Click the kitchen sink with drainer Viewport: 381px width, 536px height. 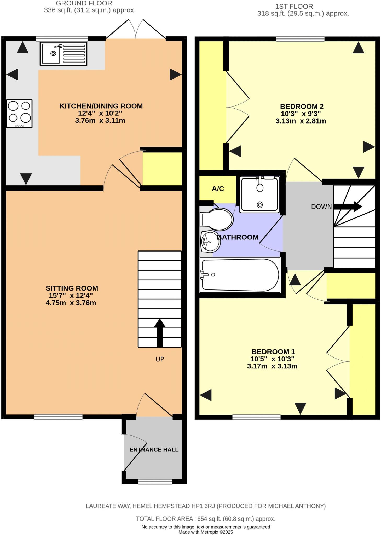click(x=63, y=54)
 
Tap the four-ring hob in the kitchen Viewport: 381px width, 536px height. click(x=19, y=114)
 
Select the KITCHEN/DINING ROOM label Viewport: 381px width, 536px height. click(x=101, y=106)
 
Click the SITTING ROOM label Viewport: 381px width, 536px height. click(x=72, y=288)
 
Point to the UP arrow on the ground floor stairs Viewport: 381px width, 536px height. click(x=160, y=332)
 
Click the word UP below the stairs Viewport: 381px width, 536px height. click(x=160, y=359)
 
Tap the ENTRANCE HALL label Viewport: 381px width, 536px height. click(x=154, y=450)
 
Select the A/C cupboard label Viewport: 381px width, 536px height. click(x=218, y=189)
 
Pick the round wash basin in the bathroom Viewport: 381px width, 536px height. click(x=210, y=241)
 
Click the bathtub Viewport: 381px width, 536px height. click(x=240, y=275)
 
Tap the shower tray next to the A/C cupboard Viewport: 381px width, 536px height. click(x=259, y=194)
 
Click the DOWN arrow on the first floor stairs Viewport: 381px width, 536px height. click(x=348, y=206)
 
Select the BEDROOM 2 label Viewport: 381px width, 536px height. click(x=302, y=107)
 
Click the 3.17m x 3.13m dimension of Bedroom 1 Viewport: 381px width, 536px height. click(x=272, y=366)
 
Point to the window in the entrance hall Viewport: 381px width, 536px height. click(x=155, y=482)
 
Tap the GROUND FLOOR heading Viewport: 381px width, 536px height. click(x=84, y=3)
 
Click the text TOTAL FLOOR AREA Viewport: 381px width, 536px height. click(x=164, y=519)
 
